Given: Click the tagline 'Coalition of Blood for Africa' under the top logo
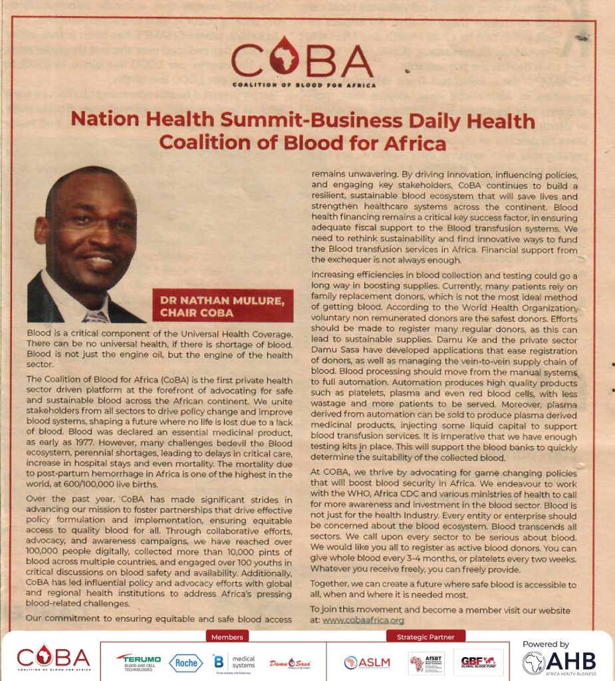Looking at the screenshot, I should [x=304, y=85].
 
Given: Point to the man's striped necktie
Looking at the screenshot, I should [x=97, y=315].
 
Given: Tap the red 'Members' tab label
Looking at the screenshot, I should [x=227, y=636].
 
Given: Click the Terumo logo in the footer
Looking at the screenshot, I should [x=138, y=662].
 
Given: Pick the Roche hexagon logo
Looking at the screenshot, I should [x=185, y=662].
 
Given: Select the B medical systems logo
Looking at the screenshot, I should [x=233, y=662].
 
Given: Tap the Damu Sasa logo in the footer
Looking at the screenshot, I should [x=290, y=662].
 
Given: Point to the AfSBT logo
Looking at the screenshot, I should [x=426, y=662].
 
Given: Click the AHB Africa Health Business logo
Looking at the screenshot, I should [x=558, y=662].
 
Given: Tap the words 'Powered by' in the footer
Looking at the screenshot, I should [x=545, y=644].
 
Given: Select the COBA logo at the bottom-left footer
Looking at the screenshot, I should [x=53, y=660].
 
